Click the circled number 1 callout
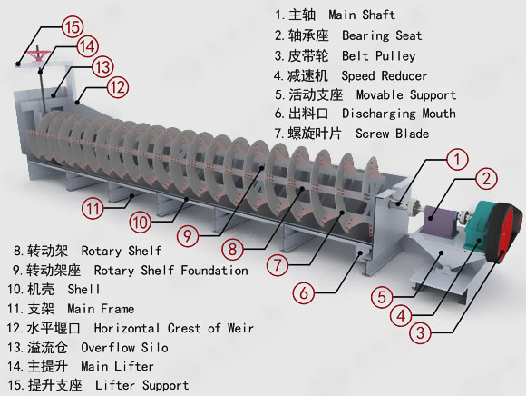tap(458, 160)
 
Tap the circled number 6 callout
tap(304, 292)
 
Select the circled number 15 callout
tap(73, 27)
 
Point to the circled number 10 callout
tap(141, 222)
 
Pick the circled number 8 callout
tap(232, 249)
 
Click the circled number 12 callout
tap(118, 87)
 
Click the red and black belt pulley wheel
tap(504, 233)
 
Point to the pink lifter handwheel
tap(39, 54)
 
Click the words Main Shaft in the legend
tap(362, 15)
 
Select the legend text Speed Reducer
tap(385, 75)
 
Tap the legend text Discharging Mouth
tap(399, 114)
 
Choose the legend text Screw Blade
tap(392, 134)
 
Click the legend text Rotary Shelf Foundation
tap(171, 271)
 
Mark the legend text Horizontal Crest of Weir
tap(174, 328)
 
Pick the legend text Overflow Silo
tap(124, 347)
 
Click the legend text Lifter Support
tap(141, 385)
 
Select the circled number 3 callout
tap(420, 332)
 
